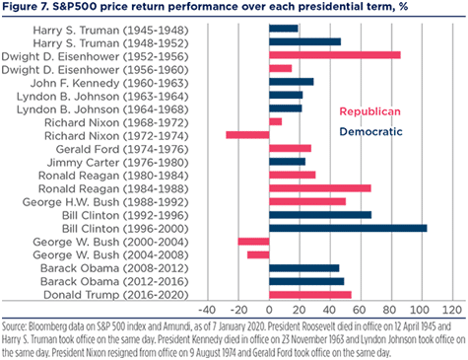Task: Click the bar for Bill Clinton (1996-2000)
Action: point(348,228)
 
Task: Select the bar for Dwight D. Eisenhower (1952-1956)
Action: point(335,55)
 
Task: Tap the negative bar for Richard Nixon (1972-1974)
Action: point(247,135)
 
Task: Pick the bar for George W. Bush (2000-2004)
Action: point(253,242)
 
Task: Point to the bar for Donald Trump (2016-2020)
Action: point(310,295)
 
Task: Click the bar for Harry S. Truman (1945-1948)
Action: point(284,29)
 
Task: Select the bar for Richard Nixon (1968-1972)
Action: point(276,121)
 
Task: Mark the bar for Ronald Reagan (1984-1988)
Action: point(320,188)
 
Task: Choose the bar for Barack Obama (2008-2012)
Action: point(304,268)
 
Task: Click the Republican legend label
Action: point(370,111)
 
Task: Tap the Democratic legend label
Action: point(370,132)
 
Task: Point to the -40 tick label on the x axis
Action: point(207,310)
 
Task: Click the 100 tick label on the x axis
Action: point(422,310)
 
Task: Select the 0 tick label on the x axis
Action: point(269,310)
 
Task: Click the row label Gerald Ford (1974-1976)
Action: point(122,149)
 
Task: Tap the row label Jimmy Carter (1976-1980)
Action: point(118,163)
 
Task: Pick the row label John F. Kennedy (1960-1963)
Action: point(109,83)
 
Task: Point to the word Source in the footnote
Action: point(14,326)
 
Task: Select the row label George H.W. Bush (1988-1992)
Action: point(105,202)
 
